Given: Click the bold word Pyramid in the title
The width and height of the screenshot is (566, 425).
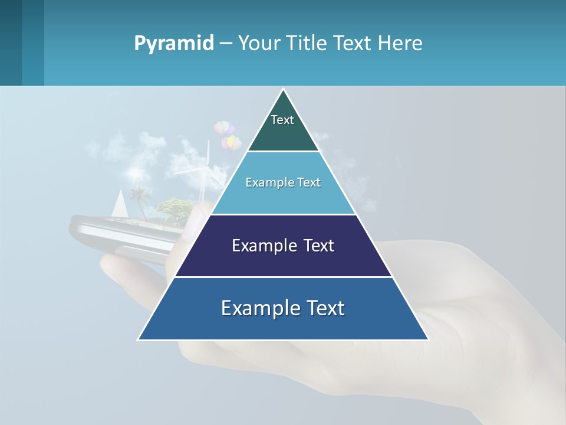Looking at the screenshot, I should coord(174,44).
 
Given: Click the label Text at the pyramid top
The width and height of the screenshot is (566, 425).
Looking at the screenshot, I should coord(282,120).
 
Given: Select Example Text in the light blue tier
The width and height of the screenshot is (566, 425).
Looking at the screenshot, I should coord(283,182).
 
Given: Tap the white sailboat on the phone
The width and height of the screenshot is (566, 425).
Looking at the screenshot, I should coord(120,204).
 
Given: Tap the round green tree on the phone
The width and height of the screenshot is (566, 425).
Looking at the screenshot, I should coord(175,207).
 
